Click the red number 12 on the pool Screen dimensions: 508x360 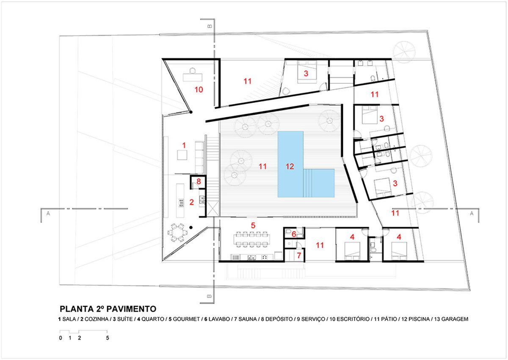pyautogui.click(x=290, y=167)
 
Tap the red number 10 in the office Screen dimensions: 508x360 pyautogui.click(x=199, y=90)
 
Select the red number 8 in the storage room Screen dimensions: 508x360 pyautogui.click(x=199, y=181)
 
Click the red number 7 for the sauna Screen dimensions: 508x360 pyautogui.click(x=299, y=256)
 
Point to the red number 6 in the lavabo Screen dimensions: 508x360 pyautogui.click(x=294, y=234)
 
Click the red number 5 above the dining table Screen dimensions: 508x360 pyautogui.click(x=253, y=225)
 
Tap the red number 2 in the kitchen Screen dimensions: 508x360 pyautogui.click(x=192, y=202)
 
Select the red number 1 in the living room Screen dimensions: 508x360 pyautogui.click(x=184, y=145)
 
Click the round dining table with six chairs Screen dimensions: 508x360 pyautogui.click(x=178, y=232)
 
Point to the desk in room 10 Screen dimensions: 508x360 pyautogui.click(x=193, y=77)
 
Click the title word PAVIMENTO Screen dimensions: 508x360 pyautogui.click(x=131, y=309)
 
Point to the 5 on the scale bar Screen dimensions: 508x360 pyautogui.click(x=108, y=338)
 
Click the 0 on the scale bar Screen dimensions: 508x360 pyautogui.click(x=61, y=338)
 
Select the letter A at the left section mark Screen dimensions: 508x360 pyautogui.click(x=48, y=213)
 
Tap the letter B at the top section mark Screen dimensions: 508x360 pyautogui.click(x=210, y=26)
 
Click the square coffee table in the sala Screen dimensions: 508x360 pyautogui.click(x=182, y=155)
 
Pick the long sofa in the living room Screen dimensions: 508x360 pyautogui.click(x=199, y=158)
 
